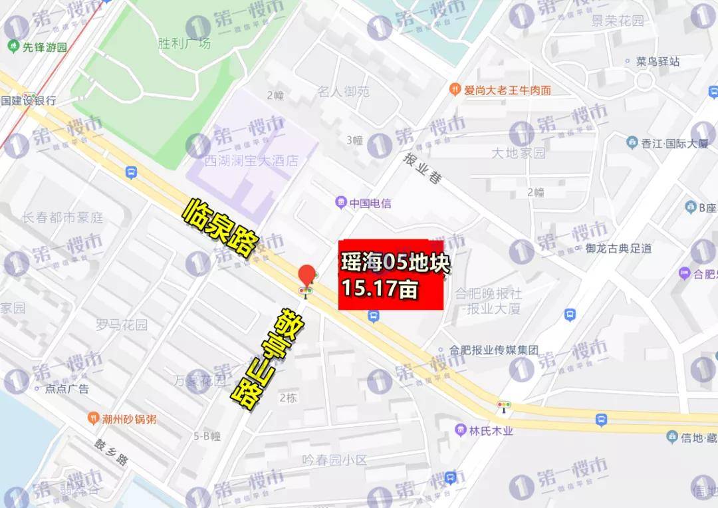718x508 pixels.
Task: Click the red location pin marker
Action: point(307,275)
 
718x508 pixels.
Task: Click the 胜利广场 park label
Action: point(184,43)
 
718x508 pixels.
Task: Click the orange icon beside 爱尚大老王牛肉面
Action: point(455,89)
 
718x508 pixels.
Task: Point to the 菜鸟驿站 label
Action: point(658,61)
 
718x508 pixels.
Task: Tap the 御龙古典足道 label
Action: point(618,249)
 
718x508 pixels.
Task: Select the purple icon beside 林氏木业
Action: point(461,430)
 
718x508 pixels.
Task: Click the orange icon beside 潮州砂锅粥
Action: point(94,419)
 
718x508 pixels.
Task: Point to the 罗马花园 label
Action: point(121,325)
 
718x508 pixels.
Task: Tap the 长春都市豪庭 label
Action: point(62,217)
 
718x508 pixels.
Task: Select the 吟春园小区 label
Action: point(334,459)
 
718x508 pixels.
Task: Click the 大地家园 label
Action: point(518,153)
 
